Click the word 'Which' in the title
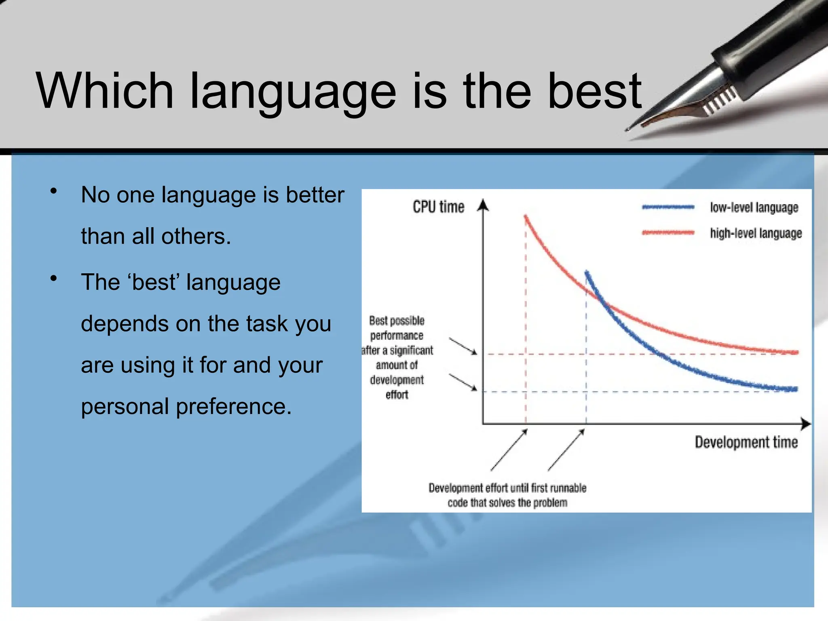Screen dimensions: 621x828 click(x=104, y=91)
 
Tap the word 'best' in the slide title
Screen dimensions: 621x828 click(x=594, y=91)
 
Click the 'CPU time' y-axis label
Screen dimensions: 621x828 click(x=438, y=207)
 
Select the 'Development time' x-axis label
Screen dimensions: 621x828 click(x=746, y=442)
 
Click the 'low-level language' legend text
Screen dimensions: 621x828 click(x=754, y=207)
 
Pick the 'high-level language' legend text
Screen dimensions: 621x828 click(x=756, y=233)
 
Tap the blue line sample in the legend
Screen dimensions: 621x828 click(x=668, y=207)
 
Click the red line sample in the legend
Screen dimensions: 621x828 click(x=668, y=233)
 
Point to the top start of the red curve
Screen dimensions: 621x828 click(x=526, y=217)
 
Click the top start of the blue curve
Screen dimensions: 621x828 click(x=587, y=272)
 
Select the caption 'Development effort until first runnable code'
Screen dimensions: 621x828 click(x=507, y=495)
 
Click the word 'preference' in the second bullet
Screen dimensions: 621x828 click(x=230, y=406)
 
